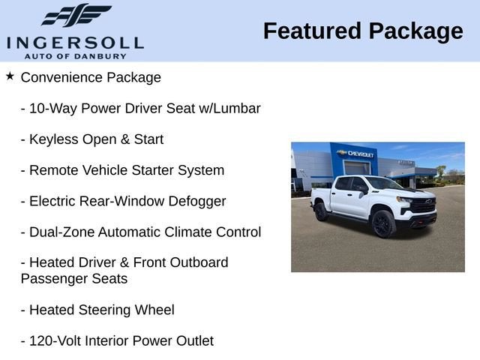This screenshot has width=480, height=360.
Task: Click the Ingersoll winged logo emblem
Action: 76,16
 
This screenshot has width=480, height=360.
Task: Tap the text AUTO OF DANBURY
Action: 75,56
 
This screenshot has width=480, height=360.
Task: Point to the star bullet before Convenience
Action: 10,76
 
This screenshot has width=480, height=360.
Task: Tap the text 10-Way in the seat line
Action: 52,108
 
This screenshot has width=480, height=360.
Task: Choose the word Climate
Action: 199,232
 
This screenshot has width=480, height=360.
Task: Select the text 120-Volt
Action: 56,340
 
